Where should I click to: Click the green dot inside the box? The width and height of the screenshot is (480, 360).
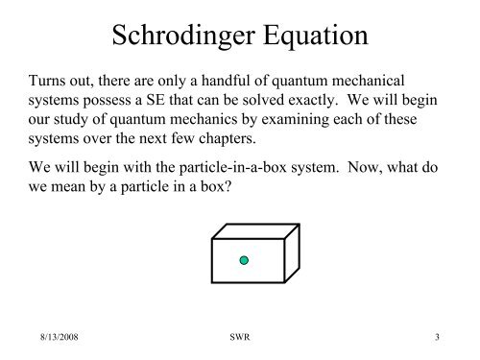(245, 260)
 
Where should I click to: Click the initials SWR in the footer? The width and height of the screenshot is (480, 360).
(239, 337)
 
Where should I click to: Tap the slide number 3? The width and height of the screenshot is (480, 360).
(438, 337)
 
